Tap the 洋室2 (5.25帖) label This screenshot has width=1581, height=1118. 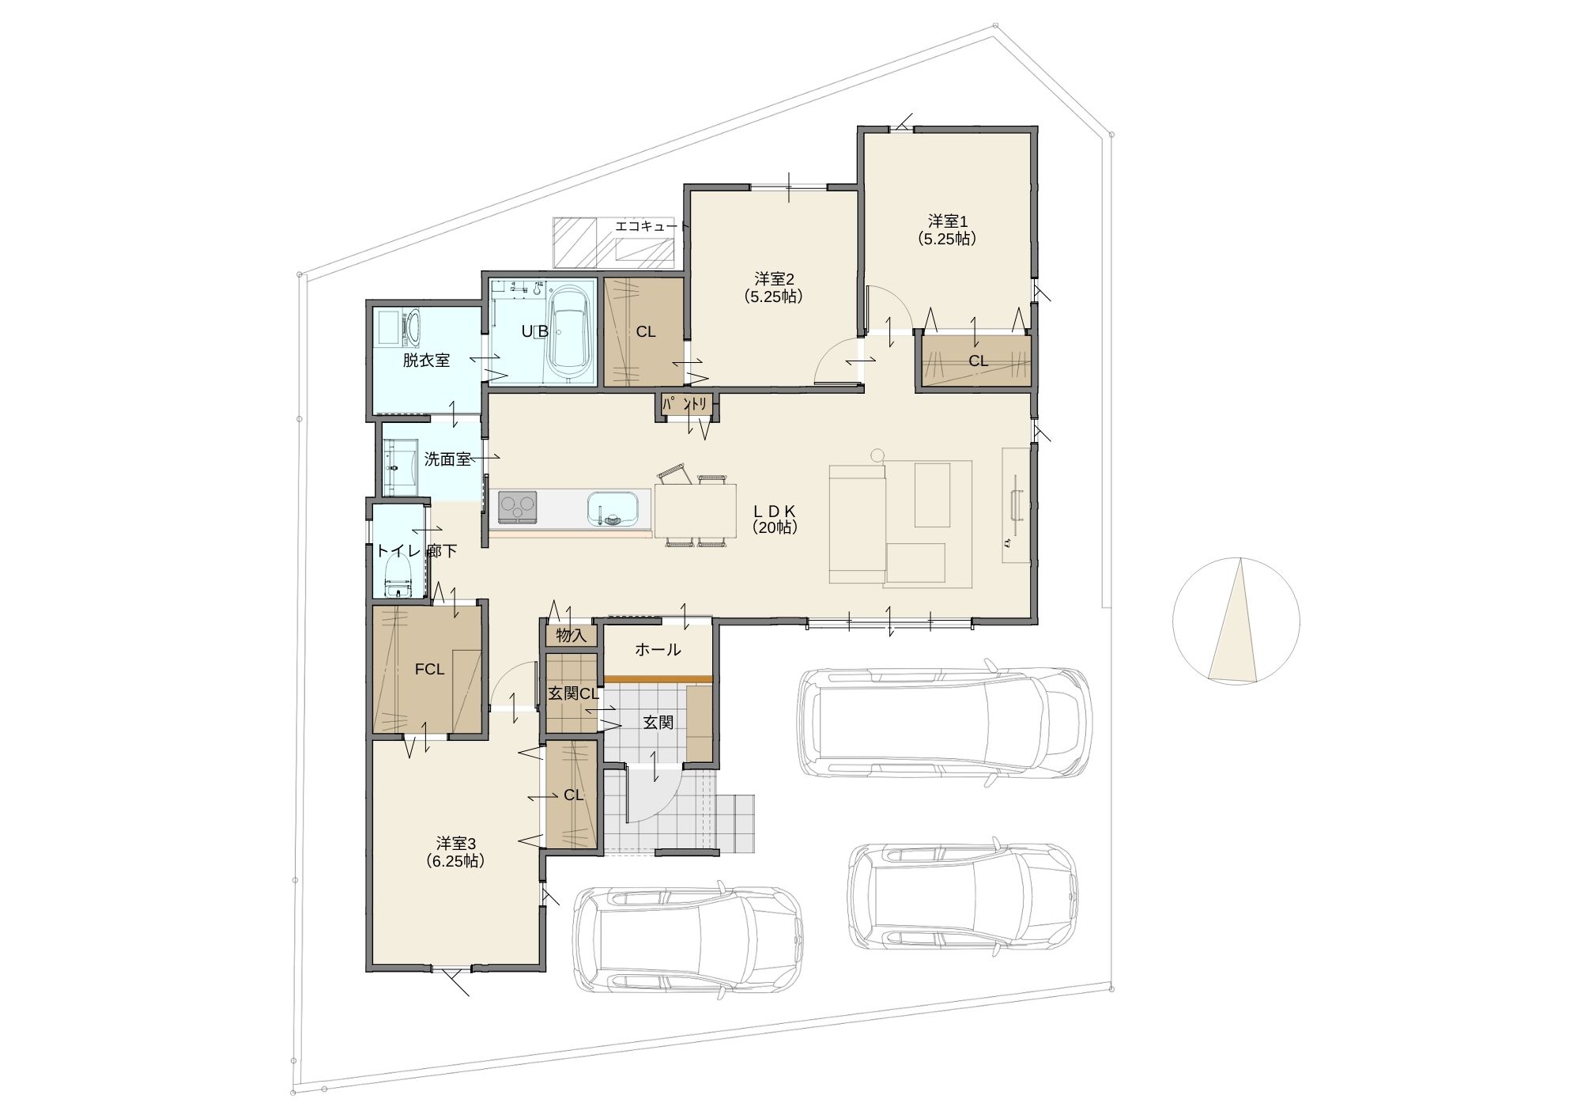(x=773, y=288)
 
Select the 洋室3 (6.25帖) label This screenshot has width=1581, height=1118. (x=455, y=852)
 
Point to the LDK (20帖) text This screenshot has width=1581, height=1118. (x=774, y=519)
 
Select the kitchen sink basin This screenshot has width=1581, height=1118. (x=613, y=508)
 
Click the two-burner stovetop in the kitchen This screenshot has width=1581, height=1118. (x=518, y=507)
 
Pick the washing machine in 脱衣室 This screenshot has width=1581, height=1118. (x=399, y=327)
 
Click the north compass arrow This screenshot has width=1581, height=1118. (x=1236, y=620)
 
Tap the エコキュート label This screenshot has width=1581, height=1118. (x=647, y=226)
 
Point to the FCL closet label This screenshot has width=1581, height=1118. (x=429, y=670)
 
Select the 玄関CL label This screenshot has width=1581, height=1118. (x=573, y=693)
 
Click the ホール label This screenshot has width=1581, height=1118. (x=658, y=650)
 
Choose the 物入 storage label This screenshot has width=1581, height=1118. (x=571, y=635)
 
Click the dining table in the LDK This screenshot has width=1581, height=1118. (x=696, y=511)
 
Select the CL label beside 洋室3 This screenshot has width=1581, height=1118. (x=573, y=795)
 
